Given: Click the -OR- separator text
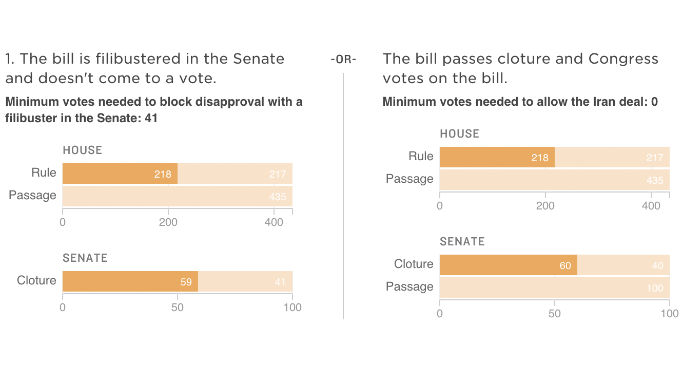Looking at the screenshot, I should pyautogui.click(x=343, y=60).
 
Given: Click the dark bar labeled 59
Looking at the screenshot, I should pyautogui.click(x=130, y=281).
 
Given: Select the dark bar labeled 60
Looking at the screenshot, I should pyautogui.click(x=508, y=265).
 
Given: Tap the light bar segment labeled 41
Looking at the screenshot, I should pyautogui.click(x=245, y=281).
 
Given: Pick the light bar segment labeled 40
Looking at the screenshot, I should pyautogui.click(x=623, y=265).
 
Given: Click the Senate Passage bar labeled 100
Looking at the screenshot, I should pyautogui.click(x=554, y=287).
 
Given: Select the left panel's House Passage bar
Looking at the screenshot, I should pyautogui.click(x=177, y=196).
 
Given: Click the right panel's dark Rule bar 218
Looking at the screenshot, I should pyautogui.click(x=497, y=157).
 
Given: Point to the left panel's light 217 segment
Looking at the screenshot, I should pyautogui.click(x=235, y=174).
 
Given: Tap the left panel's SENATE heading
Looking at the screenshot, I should pyautogui.click(x=85, y=258).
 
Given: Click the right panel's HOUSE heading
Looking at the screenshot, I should pyautogui.click(x=459, y=134).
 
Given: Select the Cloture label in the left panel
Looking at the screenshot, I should pyautogui.click(x=36, y=280).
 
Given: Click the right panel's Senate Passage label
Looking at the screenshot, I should pyautogui.click(x=409, y=286).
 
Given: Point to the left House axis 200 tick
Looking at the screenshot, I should pyautogui.click(x=168, y=222).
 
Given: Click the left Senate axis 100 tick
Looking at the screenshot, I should pyautogui.click(x=292, y=308).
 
